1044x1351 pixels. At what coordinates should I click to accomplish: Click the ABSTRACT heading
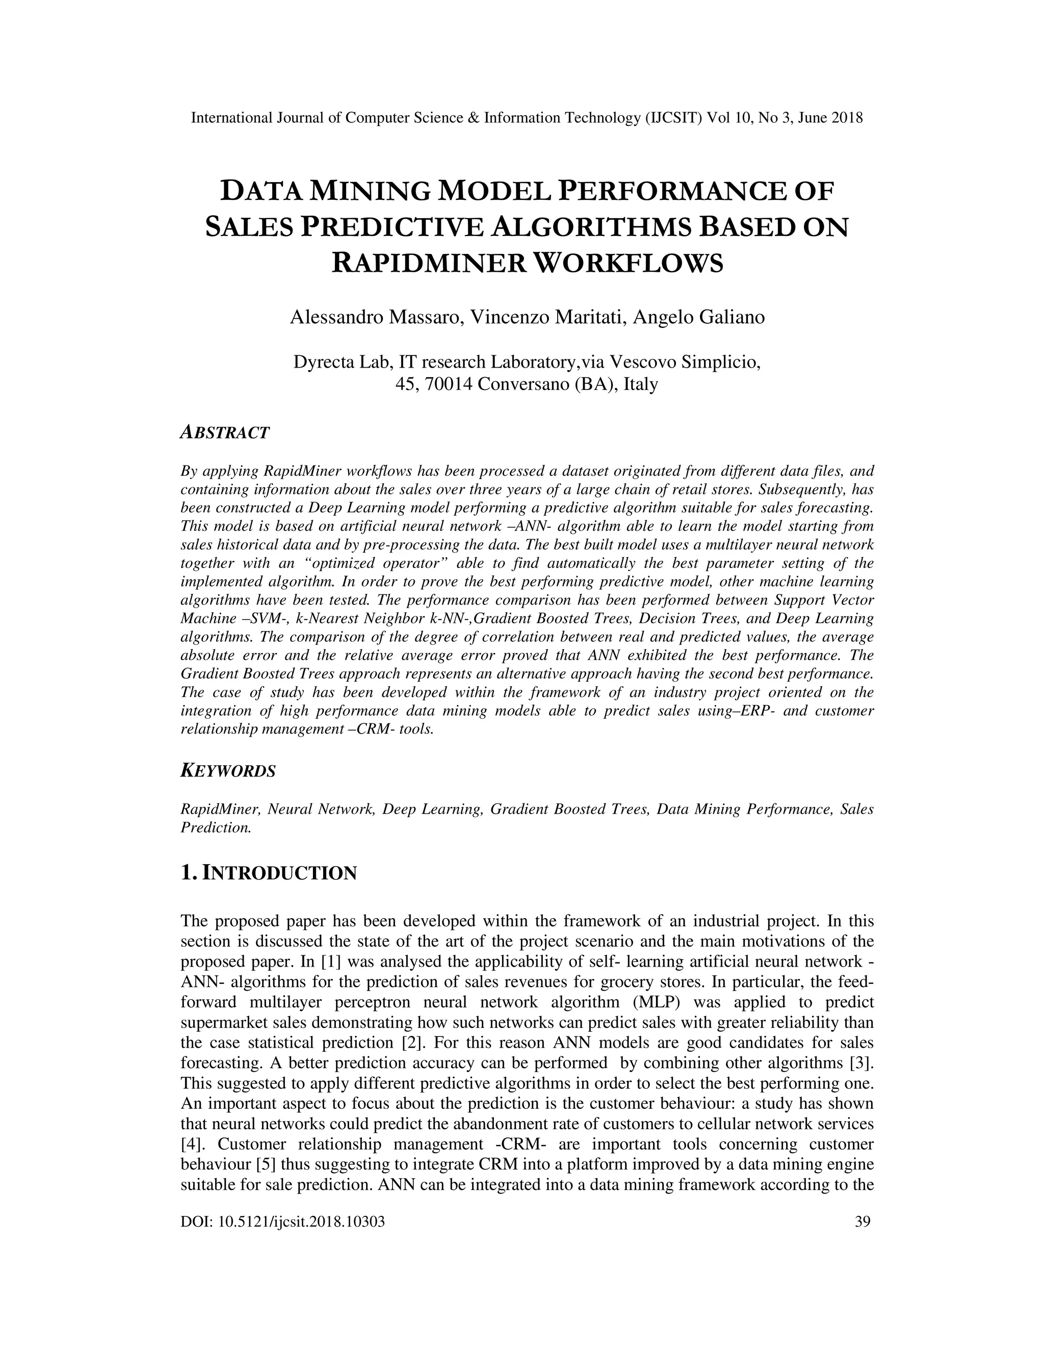(224, 432)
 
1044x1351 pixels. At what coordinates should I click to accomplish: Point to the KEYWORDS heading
(227, 771)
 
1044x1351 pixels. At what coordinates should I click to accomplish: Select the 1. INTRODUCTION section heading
(269, 873)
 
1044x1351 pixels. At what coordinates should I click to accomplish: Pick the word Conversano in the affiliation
(523, 384)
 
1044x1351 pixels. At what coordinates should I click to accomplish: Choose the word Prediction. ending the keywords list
(216, 827)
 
